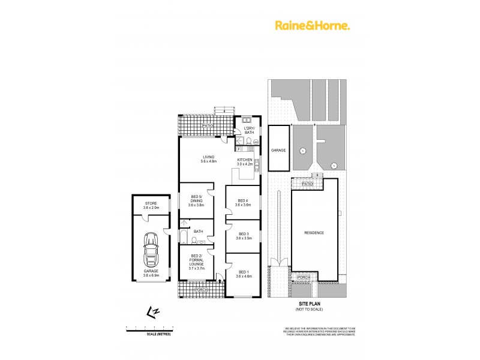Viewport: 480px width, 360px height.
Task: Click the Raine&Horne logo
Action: point(313,25)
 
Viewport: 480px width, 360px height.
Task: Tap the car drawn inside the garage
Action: point(150,250)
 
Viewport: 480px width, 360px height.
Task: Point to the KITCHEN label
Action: point(245,161)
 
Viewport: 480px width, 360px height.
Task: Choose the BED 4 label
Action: point(242,202)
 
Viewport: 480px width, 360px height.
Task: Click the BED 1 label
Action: point(242,273)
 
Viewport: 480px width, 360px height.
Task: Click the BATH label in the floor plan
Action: point(199,232)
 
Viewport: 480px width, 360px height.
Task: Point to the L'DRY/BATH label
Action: point(249,130)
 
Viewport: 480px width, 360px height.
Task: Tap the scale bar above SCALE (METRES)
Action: point(149,328)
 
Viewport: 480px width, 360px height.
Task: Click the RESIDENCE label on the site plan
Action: point(314,233)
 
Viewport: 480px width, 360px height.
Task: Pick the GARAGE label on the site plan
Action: point(278,150)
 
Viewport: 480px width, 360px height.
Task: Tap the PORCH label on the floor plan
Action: point(201,290)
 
